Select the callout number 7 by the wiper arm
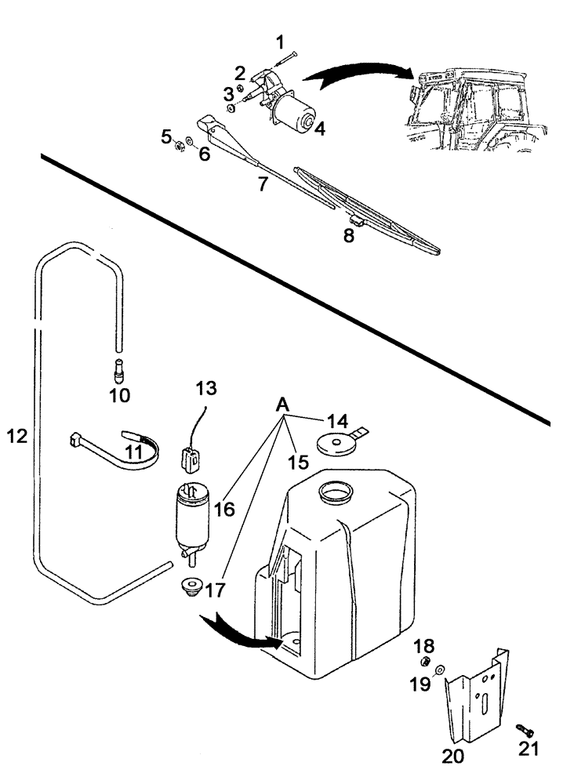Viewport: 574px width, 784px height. tap(263, 184)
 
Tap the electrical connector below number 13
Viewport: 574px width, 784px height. tap(188, 459)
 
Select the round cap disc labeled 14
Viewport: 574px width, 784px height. tap(336, 442)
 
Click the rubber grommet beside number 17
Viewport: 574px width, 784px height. tap(191, 587)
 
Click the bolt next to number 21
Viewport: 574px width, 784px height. tap(521, 730)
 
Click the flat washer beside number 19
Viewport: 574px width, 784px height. tap(439, 670)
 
